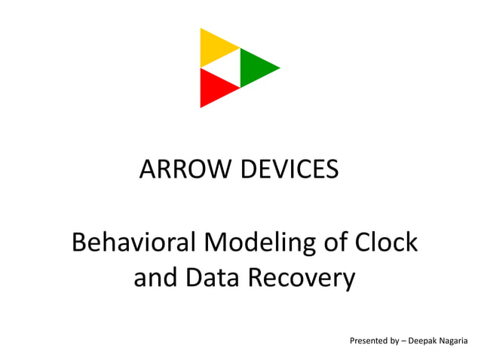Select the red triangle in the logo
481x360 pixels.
(214, 87)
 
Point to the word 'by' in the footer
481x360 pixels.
(395, 341)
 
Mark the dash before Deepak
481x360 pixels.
(405, 341)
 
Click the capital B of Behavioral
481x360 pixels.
(78, 243)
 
